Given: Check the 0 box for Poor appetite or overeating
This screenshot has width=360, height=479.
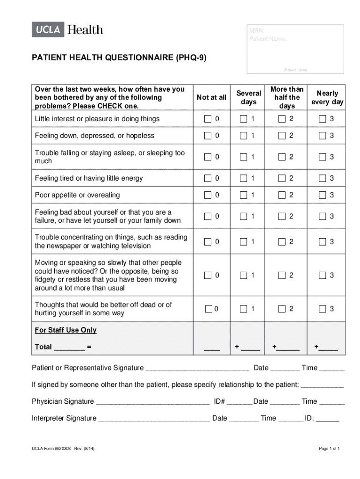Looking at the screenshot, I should coord(208,195).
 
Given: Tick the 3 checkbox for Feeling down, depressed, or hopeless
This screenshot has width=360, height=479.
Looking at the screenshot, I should coord(323,136).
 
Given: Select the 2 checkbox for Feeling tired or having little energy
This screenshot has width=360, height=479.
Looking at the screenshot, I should coord(281,178).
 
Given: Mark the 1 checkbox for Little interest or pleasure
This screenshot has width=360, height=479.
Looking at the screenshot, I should coord(244,119).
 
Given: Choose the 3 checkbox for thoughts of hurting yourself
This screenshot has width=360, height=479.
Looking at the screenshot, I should coord(323,309).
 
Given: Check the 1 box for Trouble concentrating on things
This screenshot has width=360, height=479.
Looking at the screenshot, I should coord(244,242).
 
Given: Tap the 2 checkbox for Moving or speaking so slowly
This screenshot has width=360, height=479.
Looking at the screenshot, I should coord(281,276).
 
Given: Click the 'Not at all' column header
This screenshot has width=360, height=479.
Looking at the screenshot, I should coord(211,97).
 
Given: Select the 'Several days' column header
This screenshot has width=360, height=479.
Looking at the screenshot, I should coord(249,97).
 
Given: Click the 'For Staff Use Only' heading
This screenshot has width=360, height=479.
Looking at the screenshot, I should coord(65,330).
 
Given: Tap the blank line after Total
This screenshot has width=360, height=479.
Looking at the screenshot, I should coord(69,348).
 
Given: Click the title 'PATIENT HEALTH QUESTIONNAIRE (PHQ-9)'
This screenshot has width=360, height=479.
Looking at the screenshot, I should coord(119,58).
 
